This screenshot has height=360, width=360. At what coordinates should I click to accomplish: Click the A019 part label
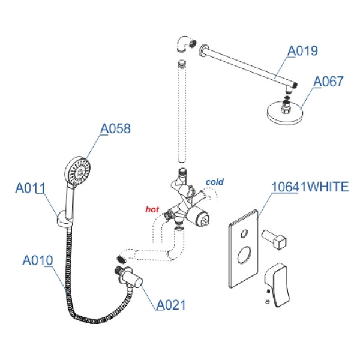(303, 52)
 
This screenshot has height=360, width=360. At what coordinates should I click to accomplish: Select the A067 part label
(329, 81)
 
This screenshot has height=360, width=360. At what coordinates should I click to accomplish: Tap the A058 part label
(115, 128)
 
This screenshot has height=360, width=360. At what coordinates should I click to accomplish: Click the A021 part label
(171, 305)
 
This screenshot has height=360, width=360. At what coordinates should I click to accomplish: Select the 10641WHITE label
(310, 187)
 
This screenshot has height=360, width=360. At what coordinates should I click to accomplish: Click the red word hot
(152, 209)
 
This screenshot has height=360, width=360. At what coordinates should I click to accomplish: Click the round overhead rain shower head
(284, 113)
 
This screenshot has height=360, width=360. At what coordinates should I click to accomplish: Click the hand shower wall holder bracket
(62, 223)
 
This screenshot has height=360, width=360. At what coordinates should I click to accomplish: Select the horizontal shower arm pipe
(246, 63)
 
